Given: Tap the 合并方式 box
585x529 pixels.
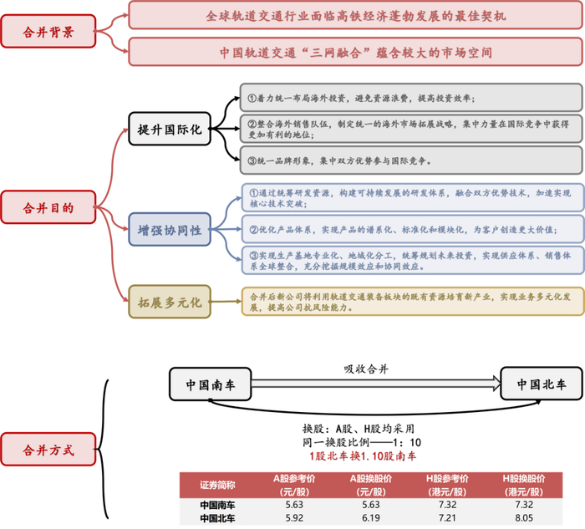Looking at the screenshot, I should tap(48, 450).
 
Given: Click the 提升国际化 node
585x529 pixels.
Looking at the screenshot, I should tap(170, 130).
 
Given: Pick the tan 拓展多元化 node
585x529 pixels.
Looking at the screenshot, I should tap(170, 299).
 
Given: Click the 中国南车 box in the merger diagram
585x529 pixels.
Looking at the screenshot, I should tap(210, 385).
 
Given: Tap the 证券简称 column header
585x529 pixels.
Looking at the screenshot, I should tap(218, 486).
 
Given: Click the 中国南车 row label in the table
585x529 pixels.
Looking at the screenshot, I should tap(218, 506).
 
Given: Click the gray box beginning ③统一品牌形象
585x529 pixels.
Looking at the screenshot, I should tap(410, 160).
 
